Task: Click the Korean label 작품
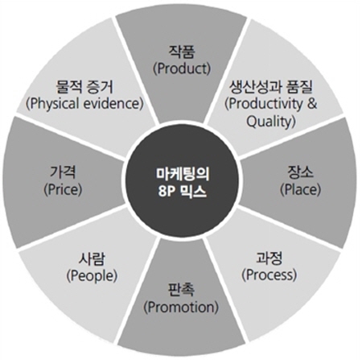click(181, 52)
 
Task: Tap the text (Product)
click(182, 68)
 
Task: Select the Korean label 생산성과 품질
click(271, 86)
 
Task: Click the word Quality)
click(271, 122)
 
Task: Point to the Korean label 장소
click(300, 172)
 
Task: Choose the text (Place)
click(300, 189)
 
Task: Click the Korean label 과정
click(269, 258)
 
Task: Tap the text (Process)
click(269, 275)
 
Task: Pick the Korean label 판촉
click(181, 290)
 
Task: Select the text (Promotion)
click(181, 307)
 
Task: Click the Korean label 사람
click(92, 259)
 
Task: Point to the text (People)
click(92, 275)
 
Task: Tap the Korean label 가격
click(63, 172)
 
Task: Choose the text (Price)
click(63, 189)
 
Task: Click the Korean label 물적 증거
click(84, 87)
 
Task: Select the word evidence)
click(113, 104)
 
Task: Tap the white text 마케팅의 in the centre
click(183, 174)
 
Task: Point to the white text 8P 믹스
click(183, 192)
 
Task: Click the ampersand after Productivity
click(312, 104)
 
